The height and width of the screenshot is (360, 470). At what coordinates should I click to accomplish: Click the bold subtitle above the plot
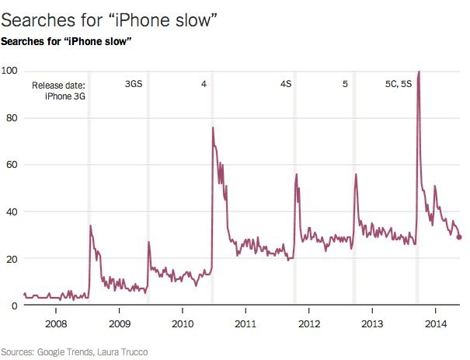pos(66,40)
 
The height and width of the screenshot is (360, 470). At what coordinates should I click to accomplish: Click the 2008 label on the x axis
pos(55,323)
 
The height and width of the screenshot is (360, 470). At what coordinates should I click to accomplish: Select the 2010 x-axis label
pos(182,323)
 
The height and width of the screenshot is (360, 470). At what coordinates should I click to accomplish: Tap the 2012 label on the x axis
pos(308,323)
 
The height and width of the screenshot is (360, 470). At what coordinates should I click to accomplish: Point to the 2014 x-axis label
pos(435,323)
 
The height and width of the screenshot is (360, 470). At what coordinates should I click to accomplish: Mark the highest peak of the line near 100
pos(420,72)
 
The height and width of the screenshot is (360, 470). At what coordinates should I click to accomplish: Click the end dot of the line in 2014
pos(459,237)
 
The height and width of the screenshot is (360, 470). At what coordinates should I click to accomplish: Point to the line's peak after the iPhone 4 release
pos(213,128)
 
